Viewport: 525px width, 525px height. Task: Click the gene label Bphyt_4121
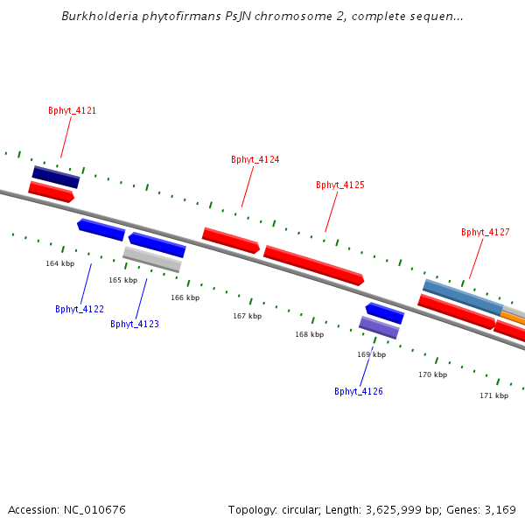click(x=72, y=111)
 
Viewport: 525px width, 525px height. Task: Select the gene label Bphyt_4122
click(x=80, y=309)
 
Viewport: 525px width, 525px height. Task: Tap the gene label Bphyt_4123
click(x=135, y=324)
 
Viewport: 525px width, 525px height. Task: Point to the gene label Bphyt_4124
click(x=255, y=159)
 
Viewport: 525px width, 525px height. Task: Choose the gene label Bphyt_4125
click(x=340, y=185)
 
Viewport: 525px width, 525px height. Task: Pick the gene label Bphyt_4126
click(x=359, y=391)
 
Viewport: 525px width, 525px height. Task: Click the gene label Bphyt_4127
click(x=486, y=232)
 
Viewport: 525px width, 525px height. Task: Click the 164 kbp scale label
click(x=60, y=263)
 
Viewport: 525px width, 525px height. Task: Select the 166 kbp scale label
click(x=185, y=297)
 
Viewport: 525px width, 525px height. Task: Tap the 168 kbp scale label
click(x=309, y=334)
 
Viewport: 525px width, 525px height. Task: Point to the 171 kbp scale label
click(x=493, y=395)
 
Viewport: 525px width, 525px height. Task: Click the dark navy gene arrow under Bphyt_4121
click(x=56, y=177)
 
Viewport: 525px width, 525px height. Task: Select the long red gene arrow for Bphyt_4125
click(x=313, y=265)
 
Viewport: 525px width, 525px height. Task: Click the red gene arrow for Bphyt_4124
click(x=231, y=240)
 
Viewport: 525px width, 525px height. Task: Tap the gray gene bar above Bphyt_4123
click(x=152, y=259)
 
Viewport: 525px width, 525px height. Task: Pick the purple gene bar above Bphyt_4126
click(x=379, y=327)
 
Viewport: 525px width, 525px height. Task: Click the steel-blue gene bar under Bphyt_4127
click(x=462, y=297)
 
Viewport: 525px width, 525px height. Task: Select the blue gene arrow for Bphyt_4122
click(x=101, y=229)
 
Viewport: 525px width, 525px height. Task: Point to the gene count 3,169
click(x=500, y=509)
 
